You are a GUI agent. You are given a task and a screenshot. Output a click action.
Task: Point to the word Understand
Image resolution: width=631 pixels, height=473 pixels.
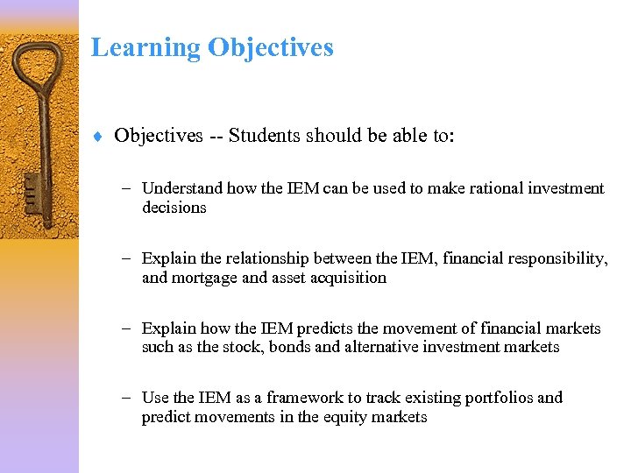[182, 188]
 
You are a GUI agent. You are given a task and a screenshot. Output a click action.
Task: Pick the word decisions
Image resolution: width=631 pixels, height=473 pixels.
[174, 208]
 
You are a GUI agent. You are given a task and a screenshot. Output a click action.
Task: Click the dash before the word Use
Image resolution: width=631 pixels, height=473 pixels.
[128, 398]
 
